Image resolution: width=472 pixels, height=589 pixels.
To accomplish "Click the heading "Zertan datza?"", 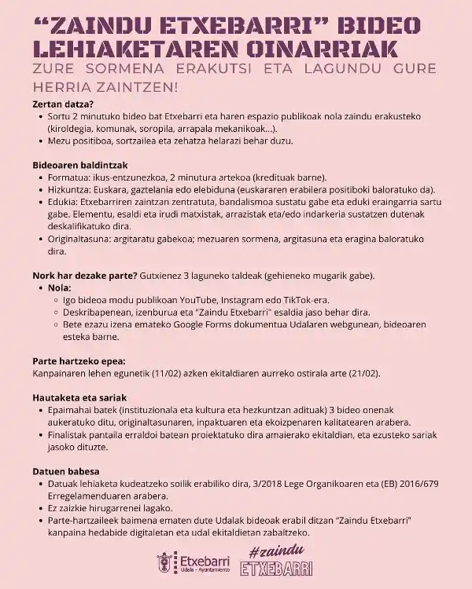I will coord(62,104).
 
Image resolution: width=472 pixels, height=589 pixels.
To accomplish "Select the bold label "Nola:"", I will coord(60,288).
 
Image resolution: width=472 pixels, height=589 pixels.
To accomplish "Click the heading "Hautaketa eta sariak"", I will coord(80,397).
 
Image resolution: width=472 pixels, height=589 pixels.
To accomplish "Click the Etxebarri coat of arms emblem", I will coord(165,563).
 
